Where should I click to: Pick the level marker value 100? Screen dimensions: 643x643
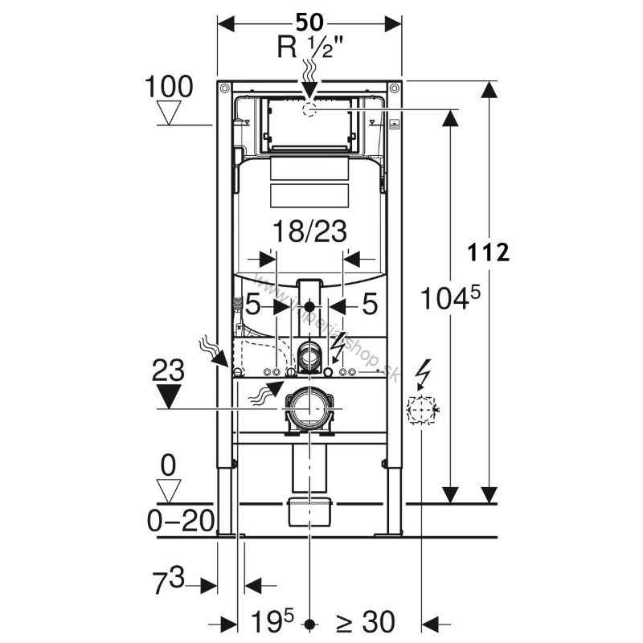(x=170, y=87)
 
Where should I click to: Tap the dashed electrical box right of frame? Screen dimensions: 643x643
(x=420, y=411)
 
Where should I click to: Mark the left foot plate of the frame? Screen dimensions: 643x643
(x=227, y=534)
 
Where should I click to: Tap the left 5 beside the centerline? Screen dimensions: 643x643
(x=254, y=305)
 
